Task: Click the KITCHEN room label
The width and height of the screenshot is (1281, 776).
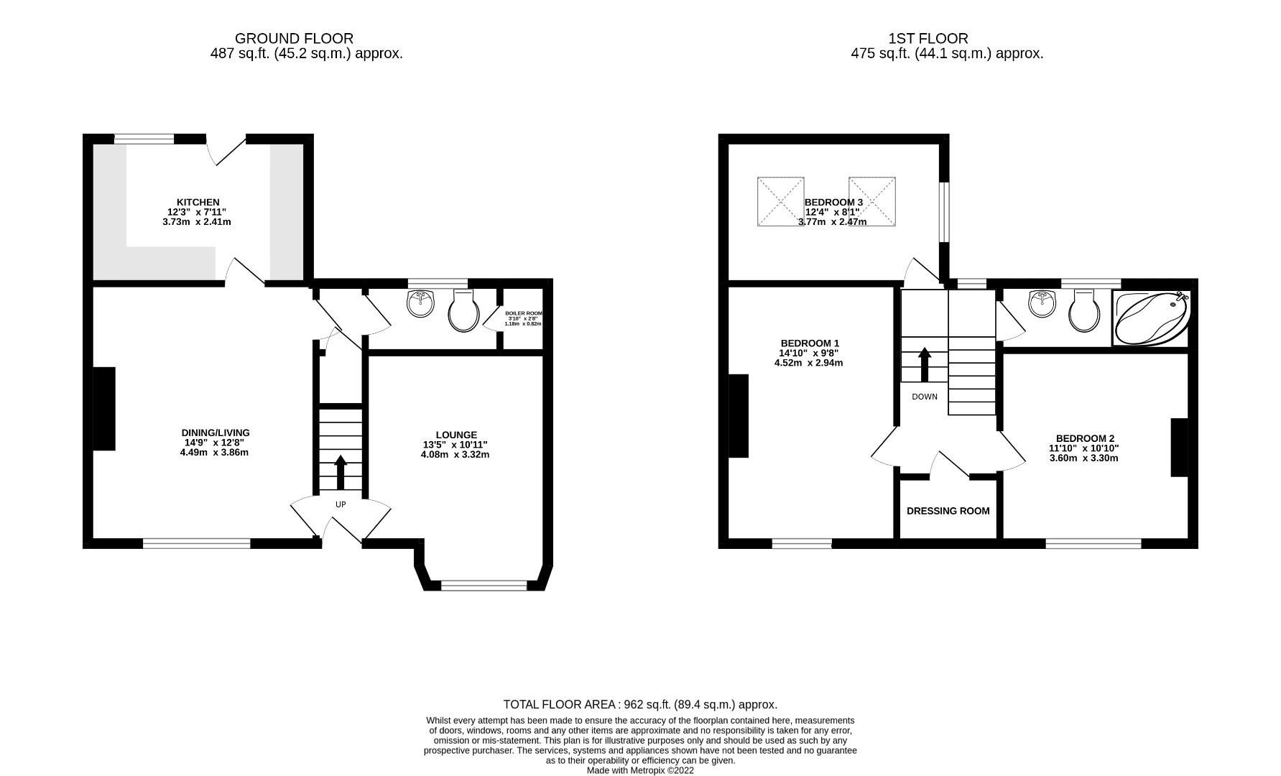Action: [198, 203]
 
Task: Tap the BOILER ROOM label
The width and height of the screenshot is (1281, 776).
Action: [523, 314]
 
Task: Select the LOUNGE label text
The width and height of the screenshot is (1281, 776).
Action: [455, 435]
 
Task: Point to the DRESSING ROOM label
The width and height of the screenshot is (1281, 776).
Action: [948, 511]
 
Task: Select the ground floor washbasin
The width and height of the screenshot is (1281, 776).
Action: [420, 303]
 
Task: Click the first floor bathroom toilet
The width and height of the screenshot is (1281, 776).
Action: [1084, 313]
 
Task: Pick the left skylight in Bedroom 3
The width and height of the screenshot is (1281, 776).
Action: [780, 202]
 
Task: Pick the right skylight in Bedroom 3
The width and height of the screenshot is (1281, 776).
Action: [871, 202]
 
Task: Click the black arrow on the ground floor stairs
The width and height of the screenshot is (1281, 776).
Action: [341, 471]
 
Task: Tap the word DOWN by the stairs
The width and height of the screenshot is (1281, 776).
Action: [924, 397]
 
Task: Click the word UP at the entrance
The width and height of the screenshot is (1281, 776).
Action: [341, 504]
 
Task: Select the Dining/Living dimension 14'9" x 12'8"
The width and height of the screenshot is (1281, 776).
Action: [214, 443]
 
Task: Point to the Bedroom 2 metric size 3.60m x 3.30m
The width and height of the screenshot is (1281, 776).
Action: [1083, 458]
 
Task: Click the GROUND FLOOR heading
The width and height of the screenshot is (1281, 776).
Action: [294, 38]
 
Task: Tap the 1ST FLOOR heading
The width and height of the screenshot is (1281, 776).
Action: [928, 38]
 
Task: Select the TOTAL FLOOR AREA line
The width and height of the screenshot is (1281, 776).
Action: [639, 705]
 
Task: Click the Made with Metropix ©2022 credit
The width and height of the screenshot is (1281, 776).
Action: [640, 770]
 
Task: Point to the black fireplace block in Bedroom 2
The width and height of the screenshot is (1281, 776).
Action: [1178, 448]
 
